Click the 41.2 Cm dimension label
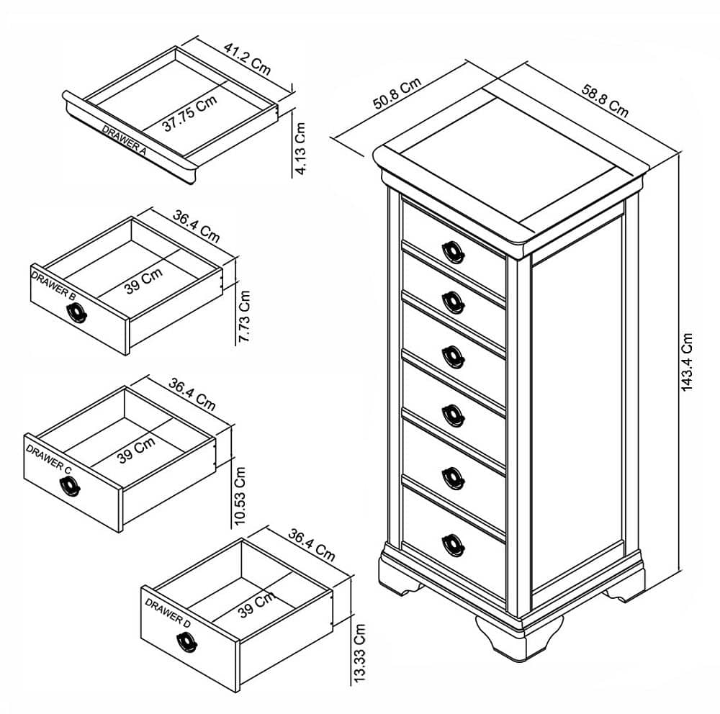pyautogui.click(x=247, y=59)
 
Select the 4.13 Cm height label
pyautogui.click(x=300, y=148)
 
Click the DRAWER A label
pyautogui.click(x=124, y=140)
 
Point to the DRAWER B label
pyautogui.click(x=53, y=285)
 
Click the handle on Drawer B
pyautogui.click(x=76, y=312)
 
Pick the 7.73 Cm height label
pyautogui.click(x=244, y=317)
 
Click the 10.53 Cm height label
pyautogui.click(x=240, y=496)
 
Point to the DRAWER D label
pyautogui.click(x=168, y=613)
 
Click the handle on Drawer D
pyautogui.click(x=186, y=641)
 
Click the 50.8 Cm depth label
pyautogui.click(x=397, y=94)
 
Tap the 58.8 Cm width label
pyautogui.click(x=605, y=101)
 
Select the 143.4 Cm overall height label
pyautogui.click(x=686, y=362)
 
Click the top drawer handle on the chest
pyautogui.click(x=453, y=253)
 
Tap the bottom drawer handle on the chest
pyautogui.click(x=453, y=546)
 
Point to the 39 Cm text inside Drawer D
pyautogui.click(x=256, y=605)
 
